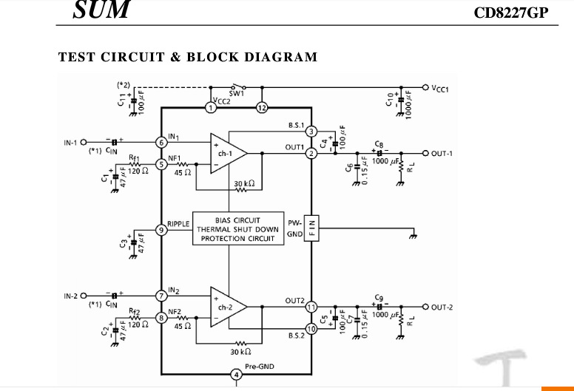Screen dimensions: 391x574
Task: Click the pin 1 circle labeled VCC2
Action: pos(211,108)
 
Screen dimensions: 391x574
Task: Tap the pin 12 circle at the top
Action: pos(261,108)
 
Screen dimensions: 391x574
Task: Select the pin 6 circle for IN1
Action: pos(161,142)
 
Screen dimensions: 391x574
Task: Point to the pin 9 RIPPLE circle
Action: pos(161,230)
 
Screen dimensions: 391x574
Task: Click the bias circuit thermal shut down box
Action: pos(237,229)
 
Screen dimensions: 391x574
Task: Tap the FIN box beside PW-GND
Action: pos(312,229)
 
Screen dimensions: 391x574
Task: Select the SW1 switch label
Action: pos(236,95)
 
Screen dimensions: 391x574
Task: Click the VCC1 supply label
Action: pos(445,88)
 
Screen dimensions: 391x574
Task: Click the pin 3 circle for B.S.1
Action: pos(311,132)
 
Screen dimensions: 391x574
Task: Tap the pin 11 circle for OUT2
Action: pos(311,306)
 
